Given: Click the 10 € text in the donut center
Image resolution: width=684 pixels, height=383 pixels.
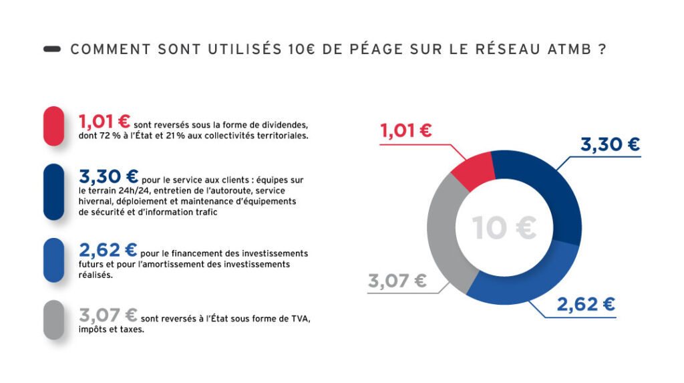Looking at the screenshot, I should coord(504,228).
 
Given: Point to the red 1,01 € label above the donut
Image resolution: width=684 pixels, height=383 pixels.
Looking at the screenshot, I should coord(406,130).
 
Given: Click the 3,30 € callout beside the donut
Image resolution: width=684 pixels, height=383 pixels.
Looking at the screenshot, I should coord(610,144).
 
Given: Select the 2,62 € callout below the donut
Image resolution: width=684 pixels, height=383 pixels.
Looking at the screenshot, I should coord(586,304).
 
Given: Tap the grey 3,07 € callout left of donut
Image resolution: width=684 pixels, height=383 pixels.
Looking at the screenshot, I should coord(397,281).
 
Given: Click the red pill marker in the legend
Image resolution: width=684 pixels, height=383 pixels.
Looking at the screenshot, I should coord(53,126).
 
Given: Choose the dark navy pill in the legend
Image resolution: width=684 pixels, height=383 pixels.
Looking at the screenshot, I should coord(53,192).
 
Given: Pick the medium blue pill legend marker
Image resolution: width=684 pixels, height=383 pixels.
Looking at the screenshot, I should coord(53,260).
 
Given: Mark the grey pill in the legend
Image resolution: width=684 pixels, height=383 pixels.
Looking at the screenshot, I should coord(53,320).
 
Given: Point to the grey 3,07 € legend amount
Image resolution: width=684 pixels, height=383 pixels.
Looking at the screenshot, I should coord(108,314).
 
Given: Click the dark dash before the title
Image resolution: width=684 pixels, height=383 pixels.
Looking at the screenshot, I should coord(52,49).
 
